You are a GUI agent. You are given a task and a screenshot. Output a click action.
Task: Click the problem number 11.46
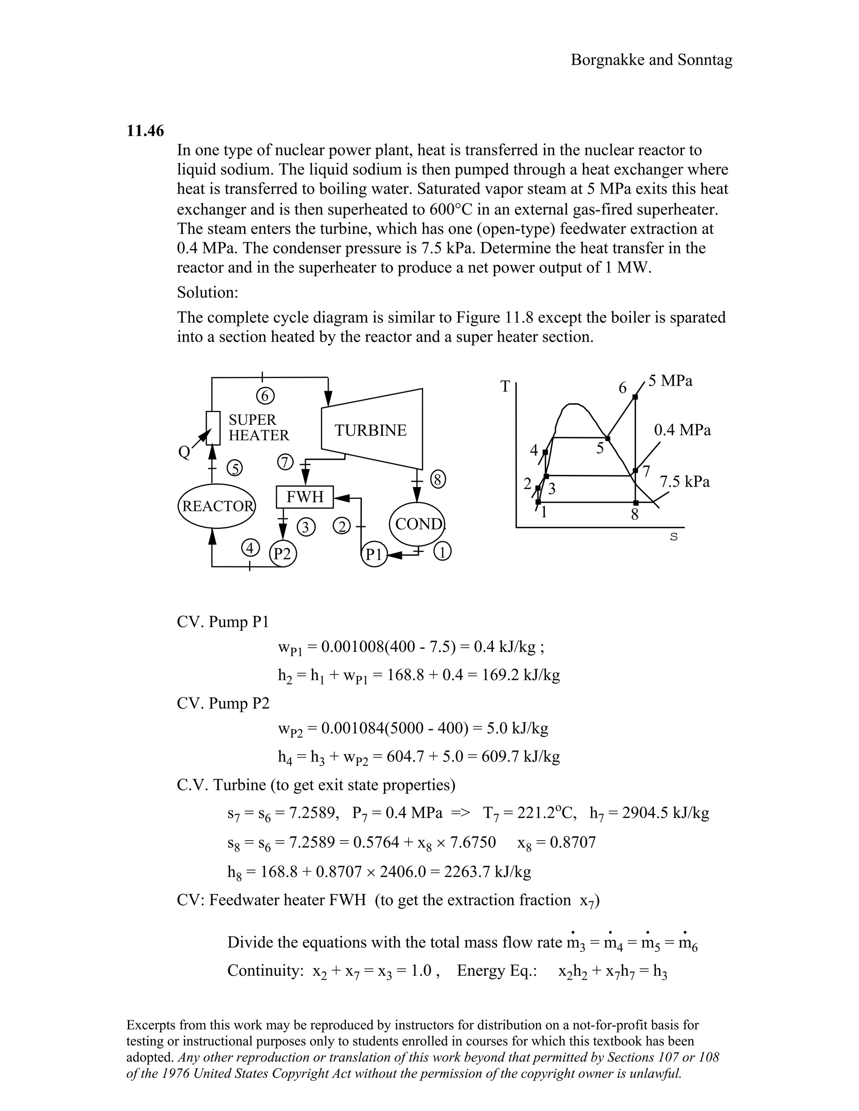point(145,131)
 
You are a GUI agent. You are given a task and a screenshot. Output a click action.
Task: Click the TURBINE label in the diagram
point(370,431)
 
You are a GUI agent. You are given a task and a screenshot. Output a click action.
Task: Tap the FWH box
point(305,497)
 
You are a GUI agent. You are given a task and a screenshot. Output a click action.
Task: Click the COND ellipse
point(418,524)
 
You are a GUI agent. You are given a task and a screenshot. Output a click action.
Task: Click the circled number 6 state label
point(265,395)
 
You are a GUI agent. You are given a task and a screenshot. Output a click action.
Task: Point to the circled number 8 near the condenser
point(438,480)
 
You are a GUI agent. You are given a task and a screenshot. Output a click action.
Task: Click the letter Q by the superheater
point(184,452)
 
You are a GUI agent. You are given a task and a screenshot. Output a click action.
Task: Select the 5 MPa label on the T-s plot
point(670,381)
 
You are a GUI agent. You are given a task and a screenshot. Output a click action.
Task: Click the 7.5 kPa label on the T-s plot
point(685,481)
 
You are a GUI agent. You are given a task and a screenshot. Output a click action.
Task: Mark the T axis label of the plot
point(505,387)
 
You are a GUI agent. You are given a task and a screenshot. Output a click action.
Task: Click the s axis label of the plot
point(674,537)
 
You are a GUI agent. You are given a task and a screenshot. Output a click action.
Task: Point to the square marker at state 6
point(635,397)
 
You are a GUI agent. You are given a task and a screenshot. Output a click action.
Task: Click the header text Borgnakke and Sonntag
point(651,60)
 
